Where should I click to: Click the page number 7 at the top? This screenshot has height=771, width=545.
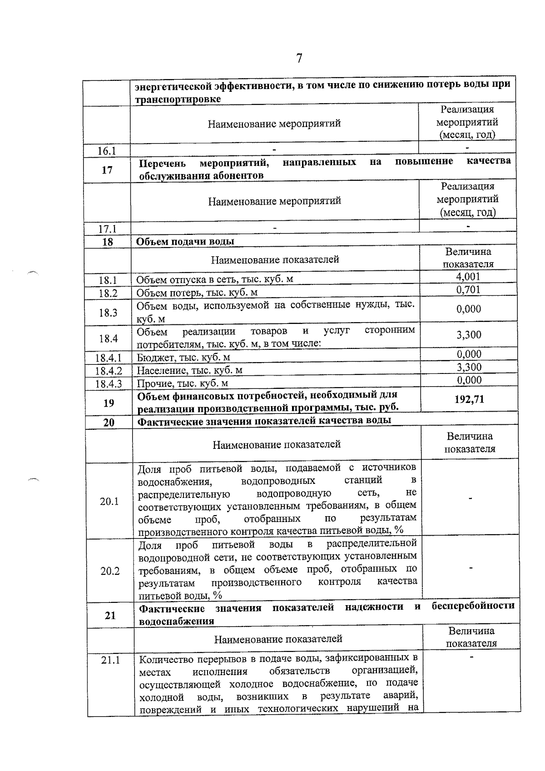click(299, 59)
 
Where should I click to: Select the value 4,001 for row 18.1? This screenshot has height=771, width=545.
click(468, 277)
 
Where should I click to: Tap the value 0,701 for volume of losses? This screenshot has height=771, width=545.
click(468, 290)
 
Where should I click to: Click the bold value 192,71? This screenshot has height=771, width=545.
click(469, 399)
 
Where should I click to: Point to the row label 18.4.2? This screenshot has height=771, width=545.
click(109, 371)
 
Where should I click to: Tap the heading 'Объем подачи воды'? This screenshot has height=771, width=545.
click(185, 241)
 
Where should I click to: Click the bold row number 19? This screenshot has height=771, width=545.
click(109, 403)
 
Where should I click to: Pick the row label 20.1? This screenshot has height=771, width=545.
click(109, 501)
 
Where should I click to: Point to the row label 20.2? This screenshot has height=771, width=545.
click(110, 571)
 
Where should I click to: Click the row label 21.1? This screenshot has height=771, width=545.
click(110, 660)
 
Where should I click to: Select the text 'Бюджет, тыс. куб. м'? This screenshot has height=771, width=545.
click(183, 358)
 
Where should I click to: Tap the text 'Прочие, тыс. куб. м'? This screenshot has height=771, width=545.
click(183, 384)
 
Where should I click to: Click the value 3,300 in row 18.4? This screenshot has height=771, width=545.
click(469, 335)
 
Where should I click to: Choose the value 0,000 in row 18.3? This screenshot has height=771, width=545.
click(469, 309)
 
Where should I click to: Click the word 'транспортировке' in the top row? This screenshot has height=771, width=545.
click(178, 99)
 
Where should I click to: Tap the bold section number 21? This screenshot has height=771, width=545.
click(110, 615)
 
